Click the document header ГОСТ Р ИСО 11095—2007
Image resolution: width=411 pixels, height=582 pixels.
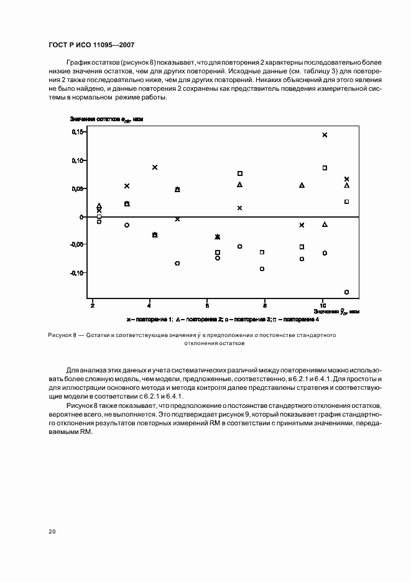[91, 45]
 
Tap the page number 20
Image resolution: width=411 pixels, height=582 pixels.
[52, 532]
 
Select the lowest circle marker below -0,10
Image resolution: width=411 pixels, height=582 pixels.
[346, 292]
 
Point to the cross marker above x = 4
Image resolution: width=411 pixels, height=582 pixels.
[155, 167]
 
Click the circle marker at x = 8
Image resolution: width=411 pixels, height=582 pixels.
[262, 269]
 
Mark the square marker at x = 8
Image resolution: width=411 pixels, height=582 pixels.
[262, 252]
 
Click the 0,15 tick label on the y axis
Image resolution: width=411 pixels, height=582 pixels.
[78, 132]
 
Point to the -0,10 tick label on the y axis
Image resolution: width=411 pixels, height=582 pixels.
[76, 273]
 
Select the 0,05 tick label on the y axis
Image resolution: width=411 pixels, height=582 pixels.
[78, 189]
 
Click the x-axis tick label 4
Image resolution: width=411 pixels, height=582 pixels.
[149, 306]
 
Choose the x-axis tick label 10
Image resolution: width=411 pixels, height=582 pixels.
[323, 306]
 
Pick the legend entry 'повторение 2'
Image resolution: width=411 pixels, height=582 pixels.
[200, 319]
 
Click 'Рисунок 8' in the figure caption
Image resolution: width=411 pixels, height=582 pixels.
[62, 335]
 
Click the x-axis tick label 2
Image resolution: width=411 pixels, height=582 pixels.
[92, 306]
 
